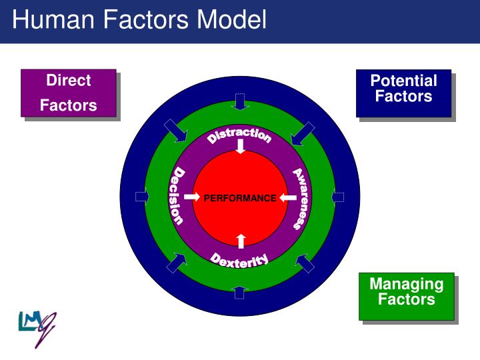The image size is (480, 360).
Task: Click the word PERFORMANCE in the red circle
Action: click(x=239, y=198)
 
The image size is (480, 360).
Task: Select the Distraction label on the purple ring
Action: click(x=239, y=134)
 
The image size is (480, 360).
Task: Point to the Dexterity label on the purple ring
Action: click(x=239, y=260)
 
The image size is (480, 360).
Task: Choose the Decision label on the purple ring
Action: click(x=177, y=197)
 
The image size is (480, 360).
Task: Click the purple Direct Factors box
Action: click(x=69, y=93)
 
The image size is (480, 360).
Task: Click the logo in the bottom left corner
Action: click(x=36, y=327)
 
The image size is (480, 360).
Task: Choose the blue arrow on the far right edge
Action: click(x=338, y=197)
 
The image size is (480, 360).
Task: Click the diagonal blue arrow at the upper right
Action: click(x=303, y=132)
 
